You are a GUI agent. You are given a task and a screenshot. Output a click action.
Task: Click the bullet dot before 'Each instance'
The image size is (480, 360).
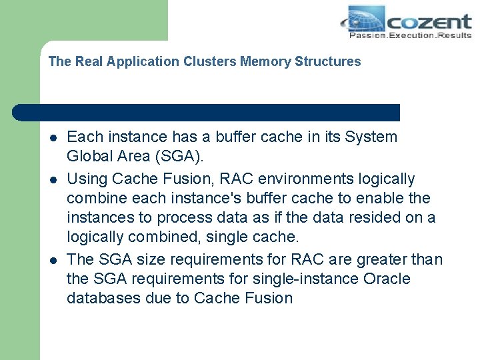click(x=53, y=138)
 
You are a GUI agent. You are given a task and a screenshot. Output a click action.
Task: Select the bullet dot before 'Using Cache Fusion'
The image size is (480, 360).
click(x=53, y=180)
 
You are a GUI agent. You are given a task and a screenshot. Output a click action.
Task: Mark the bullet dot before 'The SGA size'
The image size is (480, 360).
click(x=53, y=260)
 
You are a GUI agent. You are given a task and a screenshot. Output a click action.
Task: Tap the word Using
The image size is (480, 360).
click(x=87, y=179)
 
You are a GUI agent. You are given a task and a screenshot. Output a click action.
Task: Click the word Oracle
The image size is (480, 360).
click(x=387, y=279)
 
